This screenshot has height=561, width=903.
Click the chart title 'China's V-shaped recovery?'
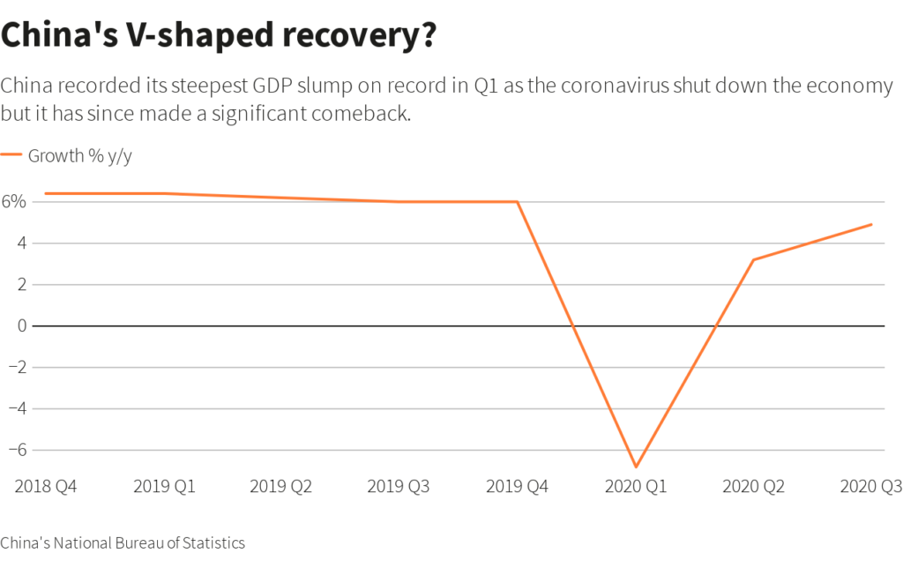220,36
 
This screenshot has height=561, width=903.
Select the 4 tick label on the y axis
20,243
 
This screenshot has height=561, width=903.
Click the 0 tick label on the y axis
20,325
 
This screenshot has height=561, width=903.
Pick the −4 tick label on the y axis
17,408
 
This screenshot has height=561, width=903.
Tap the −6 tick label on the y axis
17,450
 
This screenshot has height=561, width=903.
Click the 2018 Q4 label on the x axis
46,486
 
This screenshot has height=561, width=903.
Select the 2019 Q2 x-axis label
281,486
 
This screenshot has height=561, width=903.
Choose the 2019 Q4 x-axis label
517,486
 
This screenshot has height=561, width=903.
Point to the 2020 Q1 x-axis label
635,486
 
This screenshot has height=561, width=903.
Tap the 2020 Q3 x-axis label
869,486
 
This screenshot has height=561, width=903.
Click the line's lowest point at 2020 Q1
636,466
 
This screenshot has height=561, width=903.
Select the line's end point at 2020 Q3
871,224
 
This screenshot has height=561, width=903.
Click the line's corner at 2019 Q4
518,202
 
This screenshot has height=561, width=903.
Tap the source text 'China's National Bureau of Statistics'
123,542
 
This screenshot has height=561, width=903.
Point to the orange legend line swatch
11,155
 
